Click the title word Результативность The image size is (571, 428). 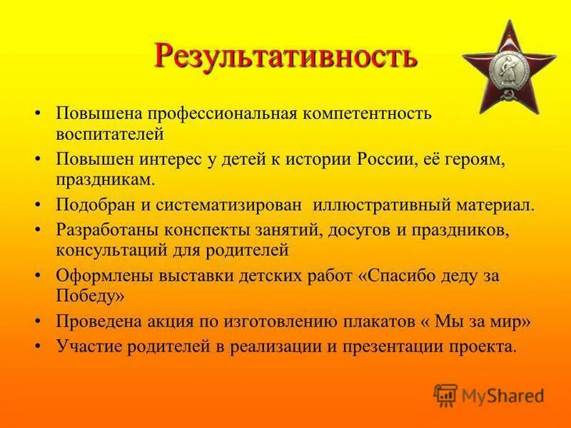285,55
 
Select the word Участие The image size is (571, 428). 84,346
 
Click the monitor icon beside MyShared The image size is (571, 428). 445,394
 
